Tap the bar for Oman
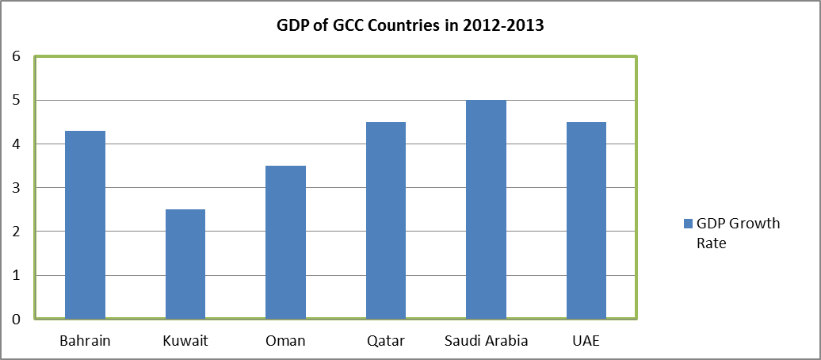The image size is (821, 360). click(285, 242)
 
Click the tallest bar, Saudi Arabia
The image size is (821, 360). click(486, 209)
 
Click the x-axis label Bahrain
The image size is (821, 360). click(85, 342)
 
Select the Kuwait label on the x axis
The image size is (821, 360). click(185, 342)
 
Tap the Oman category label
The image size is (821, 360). click(285, 342)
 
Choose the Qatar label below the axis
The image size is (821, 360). click(386, 342)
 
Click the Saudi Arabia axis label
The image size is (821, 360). click(486, 342)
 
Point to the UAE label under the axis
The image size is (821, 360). click(586, 342)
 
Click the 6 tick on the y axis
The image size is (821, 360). click(15, 56)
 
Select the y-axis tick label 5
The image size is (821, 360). click(15, 101)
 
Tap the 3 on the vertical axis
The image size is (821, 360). click(15, 188)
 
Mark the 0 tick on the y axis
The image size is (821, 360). click(15, 320)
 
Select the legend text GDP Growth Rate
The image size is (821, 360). click(732, 233)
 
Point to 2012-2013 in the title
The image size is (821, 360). click(505, 25)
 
